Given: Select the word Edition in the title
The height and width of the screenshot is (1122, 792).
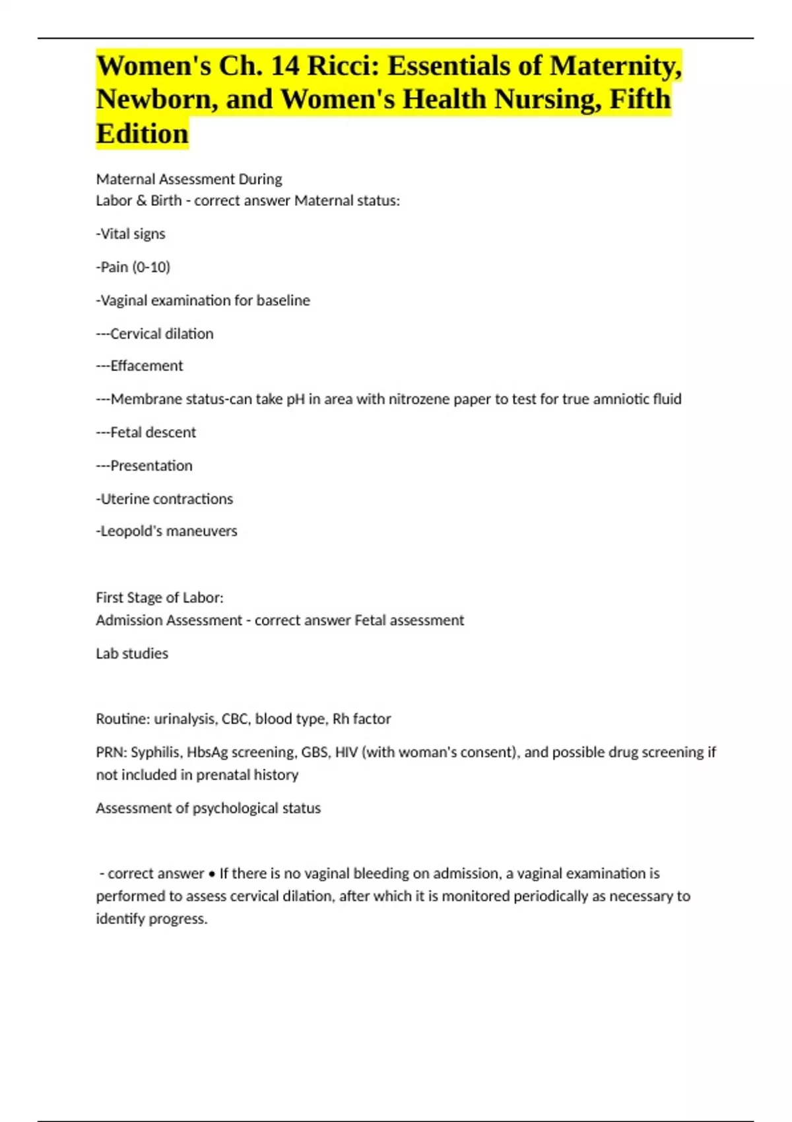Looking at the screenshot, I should tap(142, 134).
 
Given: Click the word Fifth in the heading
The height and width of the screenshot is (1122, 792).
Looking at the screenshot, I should tap(640, 100).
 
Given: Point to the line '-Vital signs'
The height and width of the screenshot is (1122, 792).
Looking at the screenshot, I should tap(131, 234).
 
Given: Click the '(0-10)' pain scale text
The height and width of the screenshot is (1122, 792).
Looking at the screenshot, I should tap(151, 267).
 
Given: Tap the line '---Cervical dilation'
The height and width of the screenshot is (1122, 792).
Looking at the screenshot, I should tap(154, 334).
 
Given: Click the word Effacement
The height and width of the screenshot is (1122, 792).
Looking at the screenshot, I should tap(147, 366).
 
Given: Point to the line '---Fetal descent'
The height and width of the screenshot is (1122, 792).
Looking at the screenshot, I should tap(146, 432).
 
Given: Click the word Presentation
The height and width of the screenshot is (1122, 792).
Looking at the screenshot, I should tap(151, 466).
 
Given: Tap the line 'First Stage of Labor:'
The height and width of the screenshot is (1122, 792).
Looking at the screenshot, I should tap(160, 598).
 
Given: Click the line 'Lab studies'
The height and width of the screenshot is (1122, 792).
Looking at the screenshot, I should tap(132, 653).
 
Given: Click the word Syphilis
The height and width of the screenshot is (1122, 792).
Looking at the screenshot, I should tap(156, 752).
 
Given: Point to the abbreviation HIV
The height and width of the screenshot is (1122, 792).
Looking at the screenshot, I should tap(346, 752).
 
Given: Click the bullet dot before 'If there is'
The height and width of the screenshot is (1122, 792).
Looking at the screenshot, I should tap(211, 874).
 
